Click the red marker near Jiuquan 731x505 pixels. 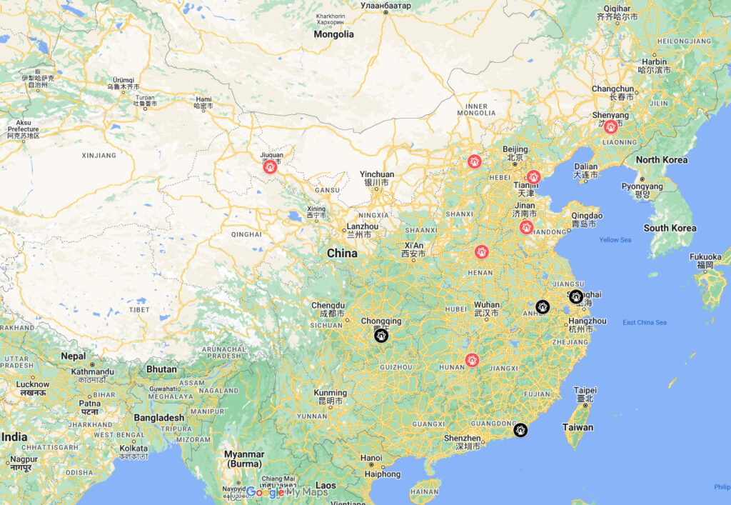(270, 166)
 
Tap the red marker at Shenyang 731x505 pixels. (610, 127)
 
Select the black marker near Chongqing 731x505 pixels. (381, 335)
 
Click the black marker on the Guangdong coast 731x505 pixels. (521, 430)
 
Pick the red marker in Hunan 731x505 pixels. (471, 359)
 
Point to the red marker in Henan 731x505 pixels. (482, 251)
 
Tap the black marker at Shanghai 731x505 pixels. (576, 296)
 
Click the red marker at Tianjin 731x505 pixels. (533, 177)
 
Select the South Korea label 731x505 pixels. (670, 228)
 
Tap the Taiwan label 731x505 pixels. (578, 427)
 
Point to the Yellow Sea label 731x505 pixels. (615, 240)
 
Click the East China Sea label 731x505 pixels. (644, 323)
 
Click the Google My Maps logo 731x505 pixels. (287, 492)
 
